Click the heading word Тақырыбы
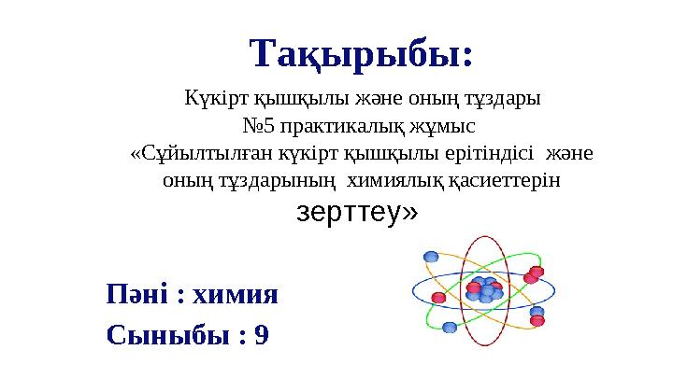click(356, 55)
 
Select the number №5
click(258, 126)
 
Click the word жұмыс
click(442, 127)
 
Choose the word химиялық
click(394, 181)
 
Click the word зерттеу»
click(357, 212)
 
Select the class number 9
click(262, 335)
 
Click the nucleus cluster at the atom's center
click(484, 289)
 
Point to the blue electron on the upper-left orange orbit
click(431, 257)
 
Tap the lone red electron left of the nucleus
click(438, 297)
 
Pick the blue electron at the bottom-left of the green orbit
click(450, 328)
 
